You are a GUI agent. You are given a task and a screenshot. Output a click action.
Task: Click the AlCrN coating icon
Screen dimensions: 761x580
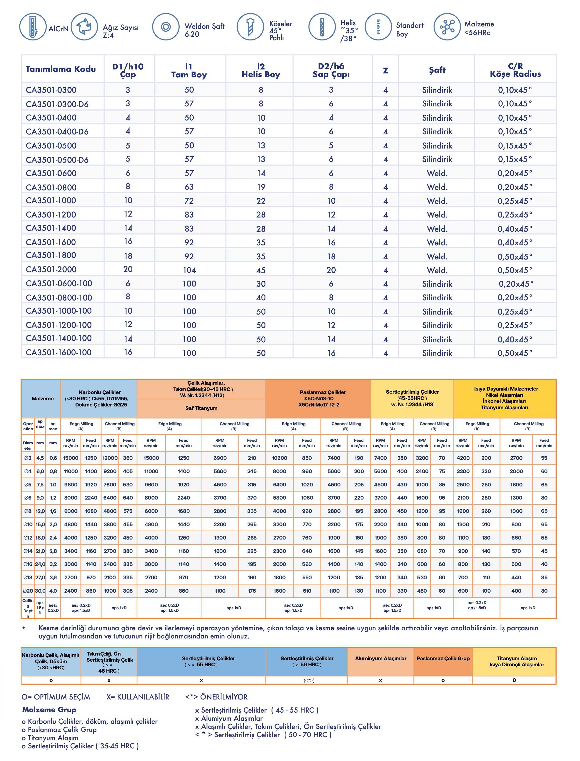(33, 27)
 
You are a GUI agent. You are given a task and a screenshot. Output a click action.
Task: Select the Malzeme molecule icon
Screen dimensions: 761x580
(447, 27)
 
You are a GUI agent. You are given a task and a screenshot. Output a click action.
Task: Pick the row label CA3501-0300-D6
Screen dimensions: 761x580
(57, 104)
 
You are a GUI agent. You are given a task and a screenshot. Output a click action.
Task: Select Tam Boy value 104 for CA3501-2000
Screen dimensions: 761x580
(189, 270)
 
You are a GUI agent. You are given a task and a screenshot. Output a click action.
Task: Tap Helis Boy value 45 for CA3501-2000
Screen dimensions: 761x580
(261, 270)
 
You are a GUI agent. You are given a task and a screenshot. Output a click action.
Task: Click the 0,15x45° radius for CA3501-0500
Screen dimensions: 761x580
(515, 145)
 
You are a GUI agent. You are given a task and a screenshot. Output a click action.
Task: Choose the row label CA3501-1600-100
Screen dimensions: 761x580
(59, 352)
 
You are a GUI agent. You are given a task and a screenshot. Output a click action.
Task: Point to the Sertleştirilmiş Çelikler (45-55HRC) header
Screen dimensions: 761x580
(412, 398)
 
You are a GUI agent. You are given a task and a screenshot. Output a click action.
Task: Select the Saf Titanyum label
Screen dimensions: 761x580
(201, 408)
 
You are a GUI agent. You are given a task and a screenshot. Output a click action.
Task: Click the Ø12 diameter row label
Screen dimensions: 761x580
(28, 538)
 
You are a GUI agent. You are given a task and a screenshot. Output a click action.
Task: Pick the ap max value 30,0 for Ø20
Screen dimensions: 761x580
(40, 591)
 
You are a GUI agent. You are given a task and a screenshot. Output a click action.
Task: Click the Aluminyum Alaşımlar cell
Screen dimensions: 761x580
(381, 659)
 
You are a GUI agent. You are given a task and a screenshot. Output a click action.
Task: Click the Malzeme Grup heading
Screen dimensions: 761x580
(49, 710)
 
